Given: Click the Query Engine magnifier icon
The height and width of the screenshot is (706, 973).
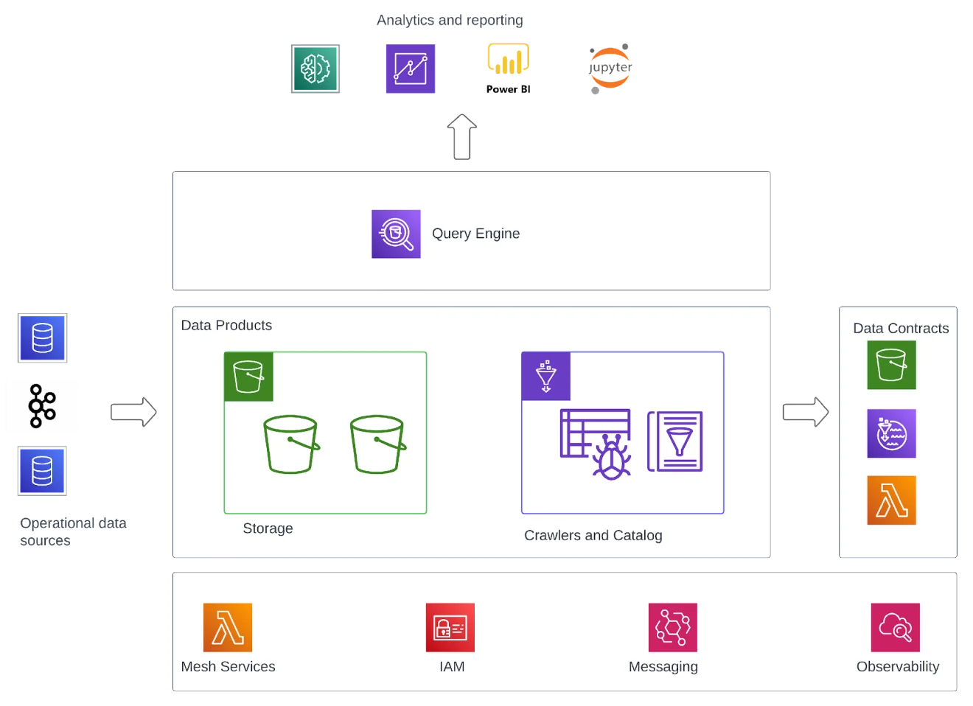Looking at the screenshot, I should coord(396,234).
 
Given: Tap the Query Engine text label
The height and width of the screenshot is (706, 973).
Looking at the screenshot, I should coord(475,234).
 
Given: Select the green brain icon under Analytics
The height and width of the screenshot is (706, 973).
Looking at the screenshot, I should coord(315,68).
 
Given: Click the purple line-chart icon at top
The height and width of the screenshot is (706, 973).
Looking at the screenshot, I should coord(410,68).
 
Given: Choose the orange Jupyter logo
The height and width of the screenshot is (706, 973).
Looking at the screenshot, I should coord(610,68).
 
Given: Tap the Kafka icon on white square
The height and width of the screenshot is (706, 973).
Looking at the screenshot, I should coord(43,406).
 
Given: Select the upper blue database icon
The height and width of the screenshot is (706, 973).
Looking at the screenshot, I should coord(42,338).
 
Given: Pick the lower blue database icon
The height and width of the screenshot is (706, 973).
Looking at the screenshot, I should coord(42,472).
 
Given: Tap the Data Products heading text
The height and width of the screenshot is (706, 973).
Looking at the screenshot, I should coord(226,325).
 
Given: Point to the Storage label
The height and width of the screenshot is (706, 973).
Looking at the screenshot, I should coord(268,528).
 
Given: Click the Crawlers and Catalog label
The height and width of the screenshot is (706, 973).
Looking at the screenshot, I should coord(593,535).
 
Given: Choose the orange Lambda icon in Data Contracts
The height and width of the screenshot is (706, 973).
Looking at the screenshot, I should coord(891,500).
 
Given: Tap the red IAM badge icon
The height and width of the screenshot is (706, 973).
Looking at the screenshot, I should coord(450,628).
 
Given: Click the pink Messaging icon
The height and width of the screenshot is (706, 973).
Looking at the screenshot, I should coord(672,628).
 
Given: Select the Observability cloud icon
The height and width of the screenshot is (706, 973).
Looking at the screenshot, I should coord(895,628).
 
